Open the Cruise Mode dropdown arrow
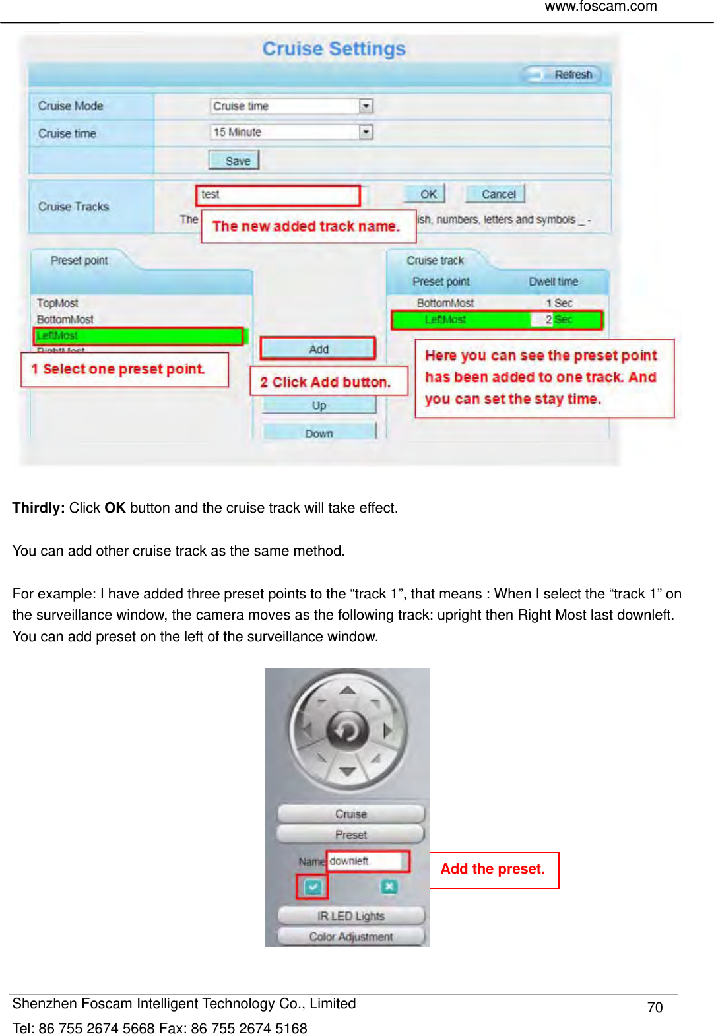pos(366,106)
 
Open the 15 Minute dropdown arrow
pos(366,132)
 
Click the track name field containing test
pos(277,195)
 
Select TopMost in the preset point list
pos(57,303)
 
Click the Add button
pos(318,348)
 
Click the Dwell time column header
pos(553,282)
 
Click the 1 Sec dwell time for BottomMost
pos(558,303)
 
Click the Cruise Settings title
pos(334,49)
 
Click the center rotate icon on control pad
pos(347,730)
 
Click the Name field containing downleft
pos(366,861)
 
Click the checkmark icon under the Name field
pos(312,887)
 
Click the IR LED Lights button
pos(350,916)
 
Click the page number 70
pos(655,1007)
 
